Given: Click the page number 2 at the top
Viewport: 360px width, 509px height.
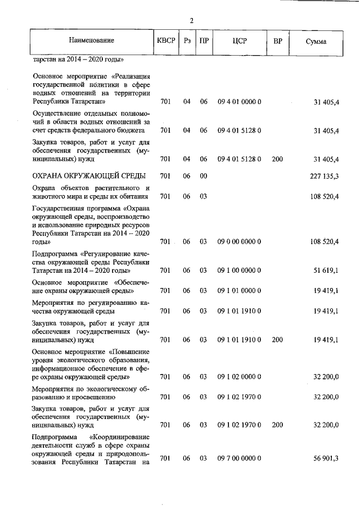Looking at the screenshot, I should coord(191,21).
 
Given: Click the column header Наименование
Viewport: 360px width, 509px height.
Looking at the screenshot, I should coord(91,40).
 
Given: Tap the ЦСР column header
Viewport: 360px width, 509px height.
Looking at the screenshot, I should coord(239,40).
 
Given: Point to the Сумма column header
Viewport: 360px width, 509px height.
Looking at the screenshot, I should coord(316,41).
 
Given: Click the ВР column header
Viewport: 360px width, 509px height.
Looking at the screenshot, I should coord(277,40).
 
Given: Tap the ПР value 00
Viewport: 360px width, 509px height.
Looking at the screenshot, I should coord(203,176).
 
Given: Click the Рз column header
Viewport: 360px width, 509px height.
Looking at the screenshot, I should coord(187,40).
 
